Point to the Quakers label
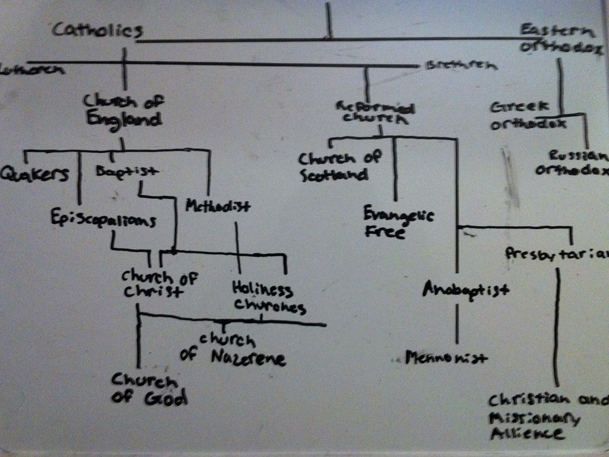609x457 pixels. click(x=34, y=174)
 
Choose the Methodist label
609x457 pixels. click(x=218, y=206)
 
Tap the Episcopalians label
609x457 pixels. click(x=103, y=220)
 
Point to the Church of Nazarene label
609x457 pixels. click(x=233, y=350)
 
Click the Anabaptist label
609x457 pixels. click(x=466, y=290)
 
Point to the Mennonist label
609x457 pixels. click(x=446, y=358)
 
